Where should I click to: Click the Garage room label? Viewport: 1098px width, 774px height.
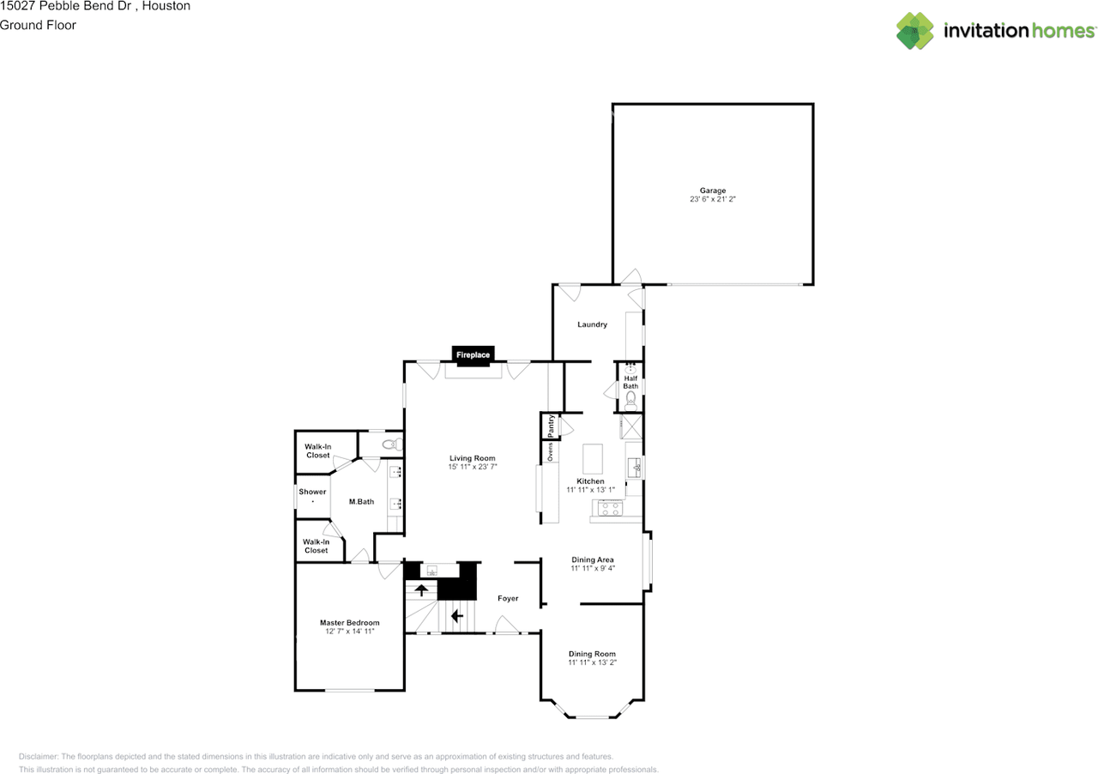click(712, 190)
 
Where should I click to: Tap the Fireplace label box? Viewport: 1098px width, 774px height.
click(473, 354)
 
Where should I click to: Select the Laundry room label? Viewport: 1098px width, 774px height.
click(592, 324)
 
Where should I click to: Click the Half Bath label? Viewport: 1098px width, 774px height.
click(630, 382)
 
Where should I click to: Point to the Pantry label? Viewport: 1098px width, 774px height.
click(551, 426)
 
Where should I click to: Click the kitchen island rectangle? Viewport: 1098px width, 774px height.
click(594, 459)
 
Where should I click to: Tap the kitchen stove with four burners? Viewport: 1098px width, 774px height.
click(611, 507)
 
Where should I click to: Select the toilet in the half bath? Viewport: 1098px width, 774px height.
click(630, 398)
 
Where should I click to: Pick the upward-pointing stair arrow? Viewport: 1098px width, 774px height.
click(421, 590)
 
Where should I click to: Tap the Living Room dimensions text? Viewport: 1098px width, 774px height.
click(472, 467)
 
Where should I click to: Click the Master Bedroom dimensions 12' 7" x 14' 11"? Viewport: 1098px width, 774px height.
click(349, 632)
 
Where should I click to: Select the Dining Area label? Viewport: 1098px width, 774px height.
click(592, 559)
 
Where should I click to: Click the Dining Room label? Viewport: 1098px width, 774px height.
click(592, 654)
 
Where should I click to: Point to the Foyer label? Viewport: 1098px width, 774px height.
click(508, 598)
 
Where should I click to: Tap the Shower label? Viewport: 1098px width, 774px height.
click(312, 492)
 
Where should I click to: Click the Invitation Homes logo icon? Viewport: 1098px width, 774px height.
click(915, 31)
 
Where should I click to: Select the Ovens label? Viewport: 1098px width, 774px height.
click(551, 450)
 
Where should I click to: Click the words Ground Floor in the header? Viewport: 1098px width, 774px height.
click(38, 25)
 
